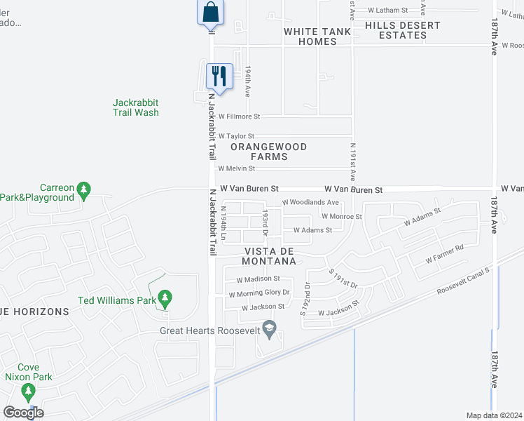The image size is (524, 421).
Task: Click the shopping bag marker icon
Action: tap(211, 13)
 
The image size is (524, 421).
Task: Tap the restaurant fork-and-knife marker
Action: tap(220, 75)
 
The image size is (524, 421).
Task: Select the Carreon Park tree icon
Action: tap(84, 189)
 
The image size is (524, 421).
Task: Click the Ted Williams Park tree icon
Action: tap(165, 300)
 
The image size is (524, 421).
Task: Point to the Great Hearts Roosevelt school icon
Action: tap(269, 328)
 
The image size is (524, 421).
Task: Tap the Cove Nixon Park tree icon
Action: tap(28, 391)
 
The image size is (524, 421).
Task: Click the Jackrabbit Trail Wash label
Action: tap(136, 107)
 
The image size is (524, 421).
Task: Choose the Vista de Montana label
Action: tap(270, 256)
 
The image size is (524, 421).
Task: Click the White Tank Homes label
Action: tap(317, 36)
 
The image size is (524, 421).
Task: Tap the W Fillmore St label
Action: tap(239, 116)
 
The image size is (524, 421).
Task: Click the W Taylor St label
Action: tap(236, 136)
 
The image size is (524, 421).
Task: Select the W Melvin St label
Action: tap(236, 168)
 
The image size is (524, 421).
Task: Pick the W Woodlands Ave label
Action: tap(310, 202)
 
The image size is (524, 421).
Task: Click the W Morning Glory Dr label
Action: tap(259, 293)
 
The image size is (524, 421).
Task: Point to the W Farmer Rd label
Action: tap(445, 254)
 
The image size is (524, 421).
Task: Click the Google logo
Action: tap(23, 413)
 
